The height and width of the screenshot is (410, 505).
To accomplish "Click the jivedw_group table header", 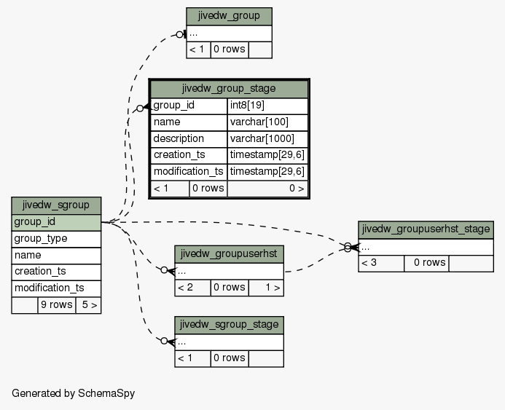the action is tap(229, 17).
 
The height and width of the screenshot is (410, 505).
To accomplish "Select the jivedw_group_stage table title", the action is tap(229, 89).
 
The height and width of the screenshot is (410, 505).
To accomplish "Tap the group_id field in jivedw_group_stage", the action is tap(189, 106).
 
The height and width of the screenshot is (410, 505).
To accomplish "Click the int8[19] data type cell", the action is tap(267, 106).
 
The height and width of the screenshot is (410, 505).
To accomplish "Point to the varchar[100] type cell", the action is tap(267, 122).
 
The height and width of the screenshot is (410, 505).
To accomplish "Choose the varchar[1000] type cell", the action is tap(267, 139).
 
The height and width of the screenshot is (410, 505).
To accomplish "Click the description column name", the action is tap(189, 139).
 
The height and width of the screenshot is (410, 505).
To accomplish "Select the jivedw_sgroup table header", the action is tap(56, 206).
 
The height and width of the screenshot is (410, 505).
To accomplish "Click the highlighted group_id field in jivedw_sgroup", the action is tap(56, 223).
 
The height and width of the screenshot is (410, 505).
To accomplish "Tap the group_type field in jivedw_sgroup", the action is tap(56, 240).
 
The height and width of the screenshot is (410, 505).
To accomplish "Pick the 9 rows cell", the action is tap(57, 305).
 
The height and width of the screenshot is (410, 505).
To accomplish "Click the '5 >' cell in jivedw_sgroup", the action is tap(89, 305).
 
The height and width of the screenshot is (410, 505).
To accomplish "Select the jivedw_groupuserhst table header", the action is tap(229, 254).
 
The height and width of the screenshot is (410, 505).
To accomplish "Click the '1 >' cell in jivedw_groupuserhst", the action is tap(267, 288).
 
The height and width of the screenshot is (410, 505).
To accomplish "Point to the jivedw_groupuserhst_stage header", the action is tap(426, 230).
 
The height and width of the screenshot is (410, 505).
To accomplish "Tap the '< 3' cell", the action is tap(381, 264).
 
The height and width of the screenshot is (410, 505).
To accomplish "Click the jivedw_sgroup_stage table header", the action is tap(229, 325).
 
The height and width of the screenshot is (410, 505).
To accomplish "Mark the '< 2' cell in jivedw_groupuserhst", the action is tap(192, 288).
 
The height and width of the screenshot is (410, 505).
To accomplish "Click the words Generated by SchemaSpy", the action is tap(74, 393).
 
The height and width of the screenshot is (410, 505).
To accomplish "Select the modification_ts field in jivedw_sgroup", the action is tap(56, 288).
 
